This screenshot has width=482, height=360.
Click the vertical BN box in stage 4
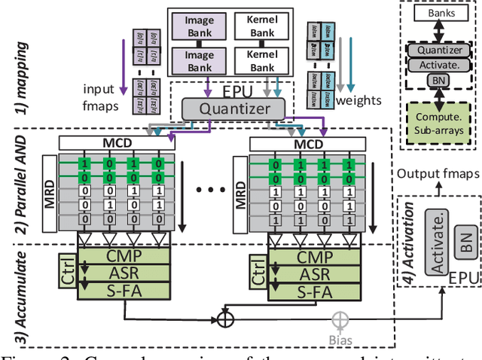[x=465, y=241]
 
